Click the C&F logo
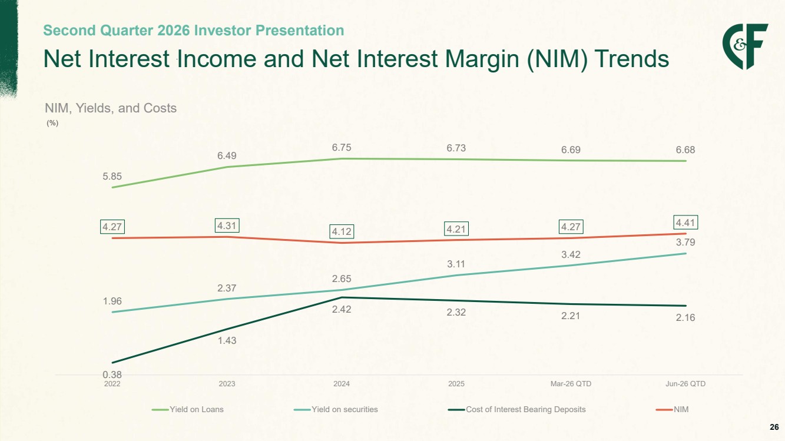pyautogui.click(x=745, y=47)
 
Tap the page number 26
pyautogui.click(x=774, y=427)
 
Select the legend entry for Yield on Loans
pyautogui.click(x=187, y=409)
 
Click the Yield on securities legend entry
pyautogui.click(x=336, y=409)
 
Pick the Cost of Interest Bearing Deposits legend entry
pyautogui.click(x=516, y=409)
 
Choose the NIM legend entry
pyautogui.click(x=672, y=409)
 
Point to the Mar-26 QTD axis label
pyautogui.click(x=571, y=383)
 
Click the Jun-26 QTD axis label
pyautogui.click(x=685, y=383)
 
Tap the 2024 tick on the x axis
pyautogui.click(x=342, y=383)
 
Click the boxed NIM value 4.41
pyautogui.click(x=685, y=223)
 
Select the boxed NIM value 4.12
pyautogui.click(x=342, y=231)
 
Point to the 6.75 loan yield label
pyautogui.click(x=342, y=147)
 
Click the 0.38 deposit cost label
pyautogui.click(x=112, y=374)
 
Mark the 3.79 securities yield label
pyautogui.click(x=685, y=242)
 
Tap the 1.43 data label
pyautogui.click(x=227, y=340)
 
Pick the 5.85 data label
pyautogui.click(x=112, y=176)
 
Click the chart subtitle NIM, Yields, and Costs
pyautogui.click(x=111, y=108)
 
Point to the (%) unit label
pyautogui.click(x=52, y=123)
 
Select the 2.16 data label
pyautogui.click(x=685, y=317)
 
